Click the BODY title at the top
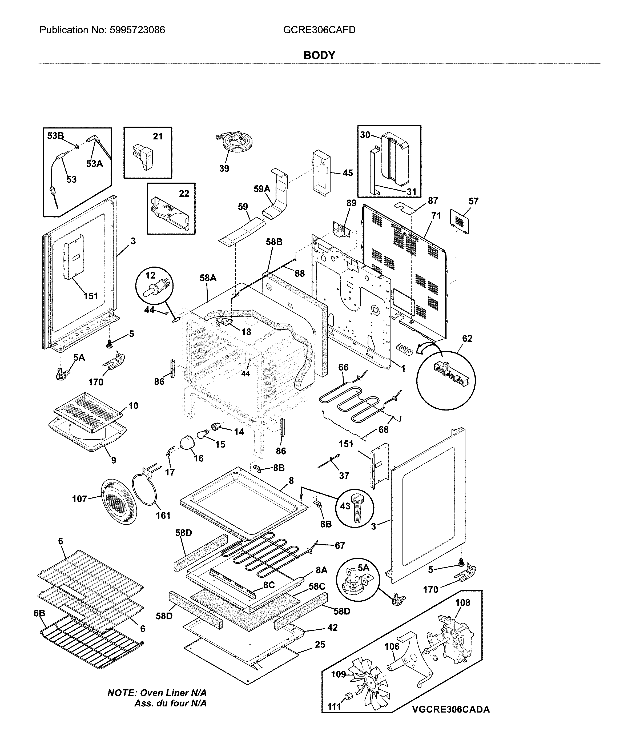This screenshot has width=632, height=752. pyautogui.click(x=319, y=55)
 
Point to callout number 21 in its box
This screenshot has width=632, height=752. pyautogui.click(x=158, y=136)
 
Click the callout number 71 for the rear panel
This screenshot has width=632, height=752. pyautogui.click(x=436, y=216)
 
